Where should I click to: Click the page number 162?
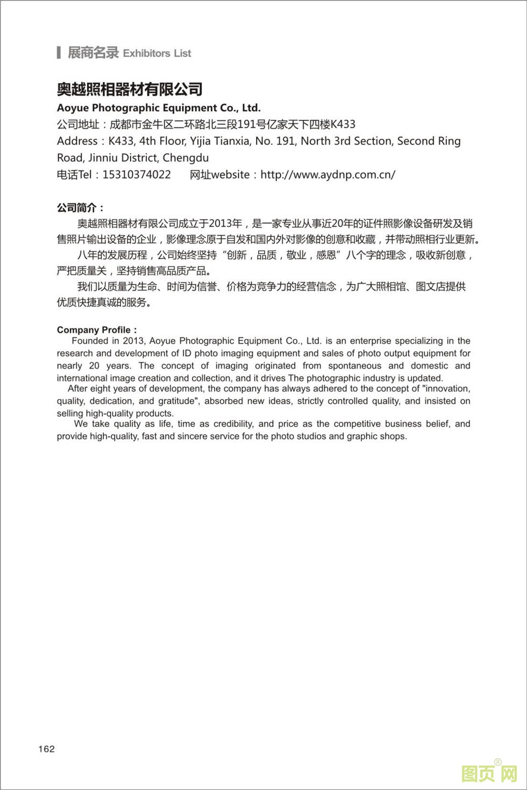46,749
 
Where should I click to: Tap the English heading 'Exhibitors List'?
157,53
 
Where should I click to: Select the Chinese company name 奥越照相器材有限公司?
130,89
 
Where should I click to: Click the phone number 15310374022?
137,175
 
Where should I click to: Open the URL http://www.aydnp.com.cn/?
328,175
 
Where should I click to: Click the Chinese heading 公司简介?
80,208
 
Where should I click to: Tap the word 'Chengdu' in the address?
186,158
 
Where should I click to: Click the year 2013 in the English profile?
133,341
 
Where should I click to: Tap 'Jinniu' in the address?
104,158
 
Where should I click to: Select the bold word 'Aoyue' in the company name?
73,107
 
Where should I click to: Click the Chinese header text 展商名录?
92,53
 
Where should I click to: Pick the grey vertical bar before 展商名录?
58,53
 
